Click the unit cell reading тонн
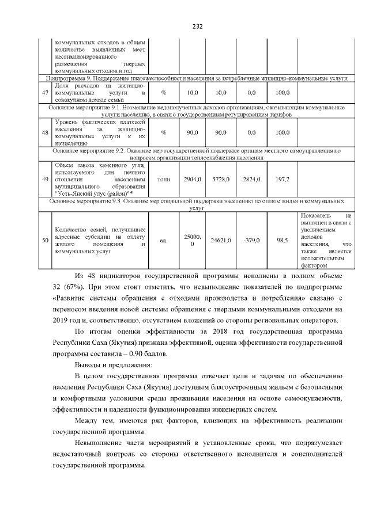pyautogui.click(x=164, y=180)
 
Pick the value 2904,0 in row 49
pyautogui.click(x=192, y=180)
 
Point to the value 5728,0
pyautogui.click(x=221, y=180)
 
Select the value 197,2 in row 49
pyautogui.click(x=283, y=180)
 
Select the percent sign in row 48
pyautogui.click(x=164, y=132)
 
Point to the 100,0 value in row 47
pyautogui.click(x=283, y=92)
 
